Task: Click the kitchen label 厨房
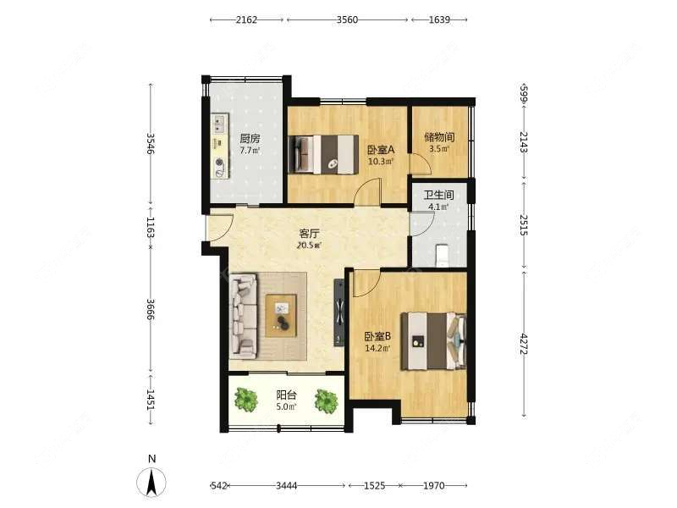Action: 250,139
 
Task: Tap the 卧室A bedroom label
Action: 381,150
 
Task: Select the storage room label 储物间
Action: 439,137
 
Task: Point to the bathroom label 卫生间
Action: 438,195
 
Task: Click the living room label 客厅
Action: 309,234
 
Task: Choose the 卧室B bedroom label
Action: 377,336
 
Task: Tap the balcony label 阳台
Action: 286,395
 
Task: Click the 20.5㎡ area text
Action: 309,246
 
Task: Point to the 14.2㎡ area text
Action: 377,348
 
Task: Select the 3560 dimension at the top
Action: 347,19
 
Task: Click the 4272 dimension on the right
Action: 524,344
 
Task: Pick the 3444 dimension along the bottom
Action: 286,485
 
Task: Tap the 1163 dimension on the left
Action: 151,227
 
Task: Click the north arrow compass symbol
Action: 151,481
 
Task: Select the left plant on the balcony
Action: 246,400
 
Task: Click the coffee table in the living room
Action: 281,316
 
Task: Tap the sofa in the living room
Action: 243,317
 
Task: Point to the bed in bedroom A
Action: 323,155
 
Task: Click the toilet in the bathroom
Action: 442,256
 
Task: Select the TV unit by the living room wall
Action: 339,312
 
